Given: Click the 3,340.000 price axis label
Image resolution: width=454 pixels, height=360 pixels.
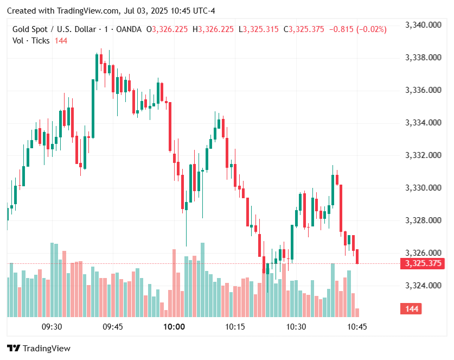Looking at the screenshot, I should tap(423, 24).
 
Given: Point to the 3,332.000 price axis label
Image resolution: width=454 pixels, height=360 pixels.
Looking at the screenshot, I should tap(423, 155).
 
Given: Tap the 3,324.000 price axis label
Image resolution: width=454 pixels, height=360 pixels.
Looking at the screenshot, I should tap(423, 286).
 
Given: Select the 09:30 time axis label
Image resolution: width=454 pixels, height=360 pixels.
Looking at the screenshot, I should tap(52, 327).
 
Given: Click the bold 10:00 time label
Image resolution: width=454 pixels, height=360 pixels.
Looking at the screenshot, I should tap(174, 327).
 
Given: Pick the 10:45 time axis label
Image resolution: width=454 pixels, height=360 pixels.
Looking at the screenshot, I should tap(357, 327).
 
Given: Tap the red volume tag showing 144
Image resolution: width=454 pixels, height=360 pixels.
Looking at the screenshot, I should tap(412, 309).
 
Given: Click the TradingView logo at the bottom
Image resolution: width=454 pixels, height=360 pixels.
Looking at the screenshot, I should tap(39, 349).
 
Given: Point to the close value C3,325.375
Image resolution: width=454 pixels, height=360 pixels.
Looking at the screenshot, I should tap(305, 29).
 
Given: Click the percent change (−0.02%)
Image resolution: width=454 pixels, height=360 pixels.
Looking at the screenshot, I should tap(371, 29).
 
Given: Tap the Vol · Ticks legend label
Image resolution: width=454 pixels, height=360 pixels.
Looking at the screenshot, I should tap(31, 41).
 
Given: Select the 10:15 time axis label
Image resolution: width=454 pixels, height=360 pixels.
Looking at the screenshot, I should tap(235, 327).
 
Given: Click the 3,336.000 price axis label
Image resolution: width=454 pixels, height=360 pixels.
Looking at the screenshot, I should tap(423, 90).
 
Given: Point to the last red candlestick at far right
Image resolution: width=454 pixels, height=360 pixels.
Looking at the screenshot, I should tap(357, 256).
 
